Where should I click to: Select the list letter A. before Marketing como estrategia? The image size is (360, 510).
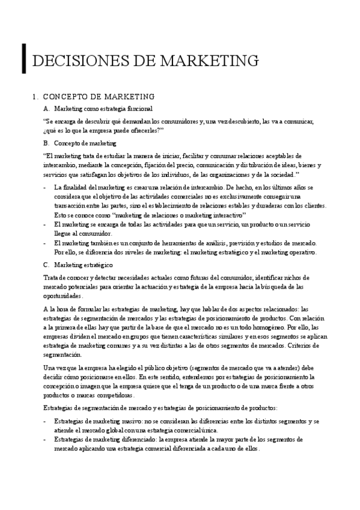point(47,108)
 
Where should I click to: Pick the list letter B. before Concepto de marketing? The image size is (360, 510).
point(47,143)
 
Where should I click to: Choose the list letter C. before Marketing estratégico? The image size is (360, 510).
point(47,265)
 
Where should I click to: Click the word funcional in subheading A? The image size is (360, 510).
point(139,108)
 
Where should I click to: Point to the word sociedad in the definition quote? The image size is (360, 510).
point(281,174)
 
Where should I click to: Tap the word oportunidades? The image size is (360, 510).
point(63,296)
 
